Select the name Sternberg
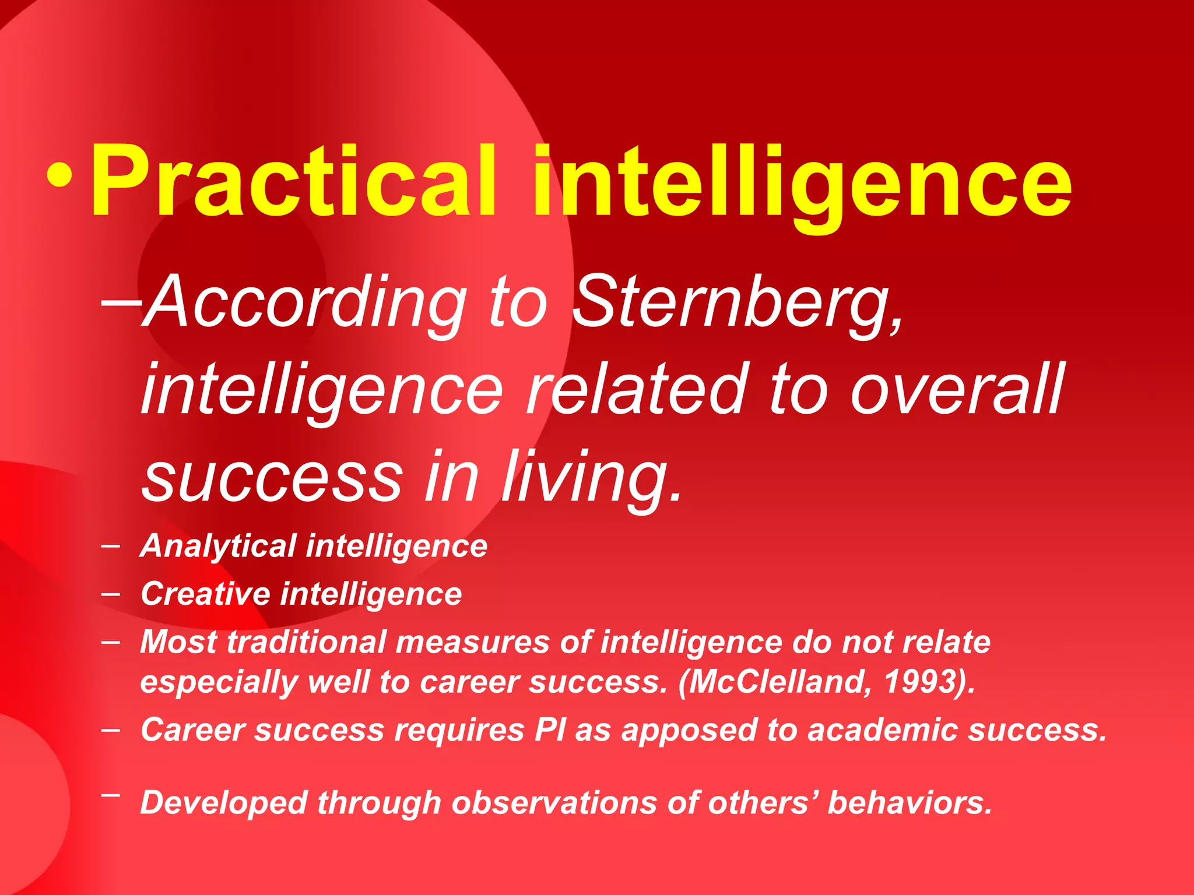(738, 303)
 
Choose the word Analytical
(219, 547)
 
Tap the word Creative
(205, 594)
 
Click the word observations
(554, 802)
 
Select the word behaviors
(909, 802)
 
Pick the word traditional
(306, 642)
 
